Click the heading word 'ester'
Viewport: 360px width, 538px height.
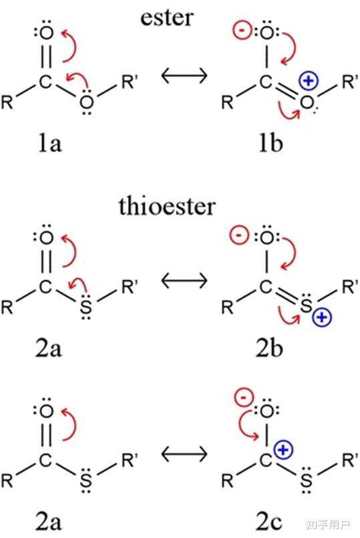pyautogui.click(x=167, y=17)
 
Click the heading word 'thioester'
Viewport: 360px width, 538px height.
pyautogui.click(x=168, y=207)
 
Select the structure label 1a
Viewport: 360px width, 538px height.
pyautogui.click(x=49, y=142)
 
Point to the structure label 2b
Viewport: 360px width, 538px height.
pyautogui.click(x=269, y=348)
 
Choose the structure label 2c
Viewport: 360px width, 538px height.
pyautogui.click(x=269, y=521)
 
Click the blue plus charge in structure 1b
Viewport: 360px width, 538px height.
pyautogui.click(x=309, y=81)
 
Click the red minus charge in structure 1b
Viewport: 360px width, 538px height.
pyautogui.click(x=242, y=30)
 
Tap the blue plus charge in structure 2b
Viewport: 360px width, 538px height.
pyautogui.click(x=322, y=317)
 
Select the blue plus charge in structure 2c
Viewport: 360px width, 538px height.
pyautogui.click(x=284, y=450)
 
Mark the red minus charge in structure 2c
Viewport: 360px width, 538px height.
pyautogui.click(x=244, y=398)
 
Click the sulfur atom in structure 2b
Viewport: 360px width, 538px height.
pyautogui.click(x=306, y=305)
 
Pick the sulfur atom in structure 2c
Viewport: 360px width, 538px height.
pyautogui.click(x=306, y=480)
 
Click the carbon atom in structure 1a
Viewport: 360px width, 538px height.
pyautogui.click(x=45, y=82)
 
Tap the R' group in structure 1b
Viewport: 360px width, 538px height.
pyautogui.click(x=350, y=82)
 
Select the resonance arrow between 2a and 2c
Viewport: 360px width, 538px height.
pyautogui.click(x=184, y=454)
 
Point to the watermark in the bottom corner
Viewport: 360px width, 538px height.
pyautogui.click(x=328, y=525)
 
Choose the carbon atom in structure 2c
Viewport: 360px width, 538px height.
pyautogui.click(x=266, y=460)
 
